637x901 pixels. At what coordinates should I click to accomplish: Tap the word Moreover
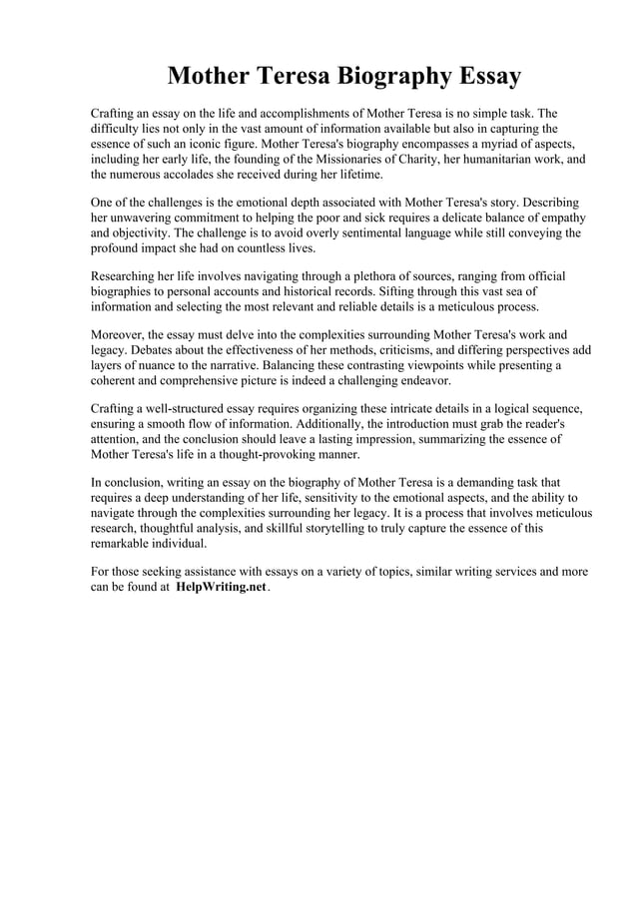pyautogui.click(x=120, y=335)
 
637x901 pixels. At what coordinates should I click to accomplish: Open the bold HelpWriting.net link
pyautogui.click(x=221, y=588)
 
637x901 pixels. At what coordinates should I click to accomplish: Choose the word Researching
pyautogui.click(x=125, y=276)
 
